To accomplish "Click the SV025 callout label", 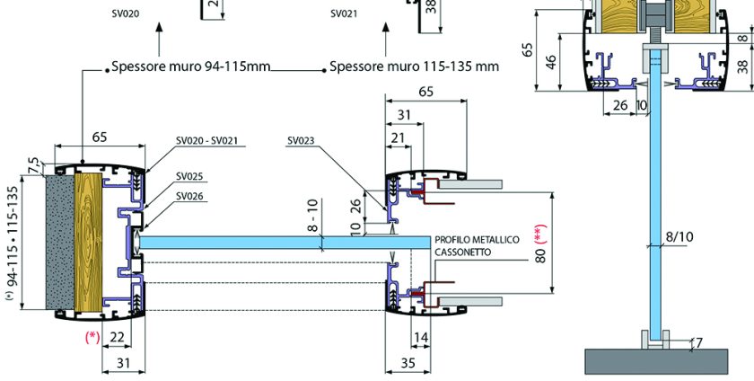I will [x=189, y=176].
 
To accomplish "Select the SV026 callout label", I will [x=189, y=196].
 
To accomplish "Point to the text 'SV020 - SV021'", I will [x=212, y=140].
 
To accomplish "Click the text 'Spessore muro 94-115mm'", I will [x=190, y=66].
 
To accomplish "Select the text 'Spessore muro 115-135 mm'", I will [x=415, y=66].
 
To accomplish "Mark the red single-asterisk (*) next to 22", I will [x=92, y=337].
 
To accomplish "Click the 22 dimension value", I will [x=116, y=337].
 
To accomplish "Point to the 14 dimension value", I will [x=421, y=337].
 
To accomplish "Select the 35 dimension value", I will [x=407, y=363].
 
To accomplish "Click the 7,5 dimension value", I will [x=34, y=165].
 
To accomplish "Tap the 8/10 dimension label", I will [x=679, y=237].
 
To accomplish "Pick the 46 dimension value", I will [x=551, y=63].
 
